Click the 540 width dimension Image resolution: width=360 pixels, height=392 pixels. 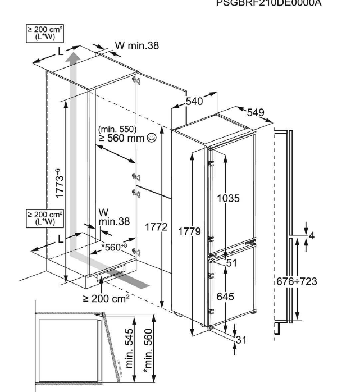click(x=193, y=102)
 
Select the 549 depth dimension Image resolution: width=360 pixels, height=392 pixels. click(x=255, y=112)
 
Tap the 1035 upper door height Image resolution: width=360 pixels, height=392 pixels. click(x=229, y=198)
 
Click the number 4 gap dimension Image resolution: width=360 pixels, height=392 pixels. click(x=312, y=235)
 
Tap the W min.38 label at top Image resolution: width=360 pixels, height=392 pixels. click(x=136, y=46)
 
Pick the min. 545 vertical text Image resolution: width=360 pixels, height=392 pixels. click(x=131, y=348)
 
